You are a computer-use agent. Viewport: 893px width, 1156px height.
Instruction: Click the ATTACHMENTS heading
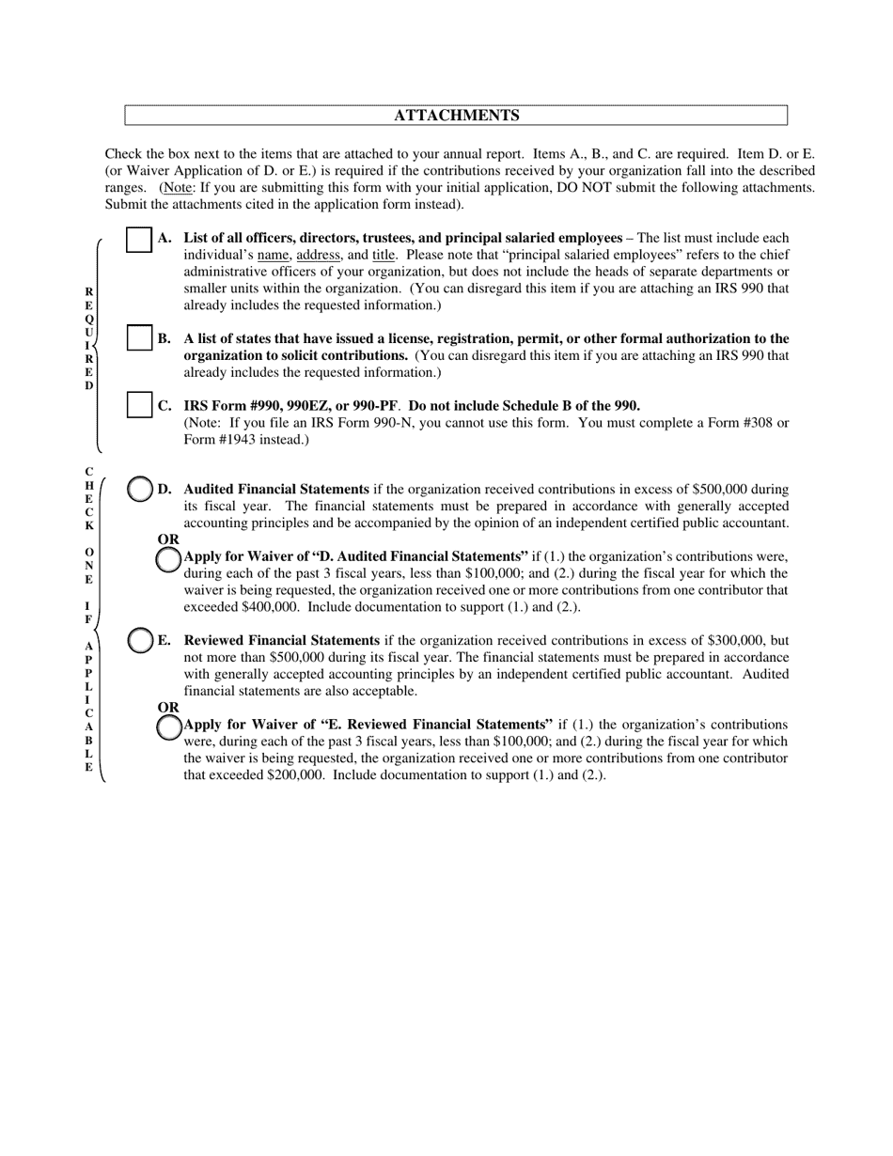pos(456,116)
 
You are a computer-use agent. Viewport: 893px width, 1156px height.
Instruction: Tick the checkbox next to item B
pos(139,337)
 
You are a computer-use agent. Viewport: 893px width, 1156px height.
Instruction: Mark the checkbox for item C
pos(139,405)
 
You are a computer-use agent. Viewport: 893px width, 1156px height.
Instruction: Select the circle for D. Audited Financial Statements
pos(140,489)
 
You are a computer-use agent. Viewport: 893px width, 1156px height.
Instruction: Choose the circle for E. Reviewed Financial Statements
pos(140,640)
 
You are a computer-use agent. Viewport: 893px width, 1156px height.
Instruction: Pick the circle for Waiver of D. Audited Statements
pos(168,558)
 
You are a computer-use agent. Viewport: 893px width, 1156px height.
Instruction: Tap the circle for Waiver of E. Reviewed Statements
pos(168,726)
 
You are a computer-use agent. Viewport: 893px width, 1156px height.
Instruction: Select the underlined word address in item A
pos(318,256)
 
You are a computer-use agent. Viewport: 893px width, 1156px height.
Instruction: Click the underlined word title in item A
pos(384,256)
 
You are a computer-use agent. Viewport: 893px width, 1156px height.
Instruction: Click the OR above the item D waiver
pos(168,539)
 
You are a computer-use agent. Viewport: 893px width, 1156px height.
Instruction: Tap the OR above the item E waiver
pos(168,708)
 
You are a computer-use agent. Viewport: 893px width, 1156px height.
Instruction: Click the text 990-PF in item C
pos(374,406)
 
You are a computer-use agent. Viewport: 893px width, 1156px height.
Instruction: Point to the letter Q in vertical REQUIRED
pos(89,320)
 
